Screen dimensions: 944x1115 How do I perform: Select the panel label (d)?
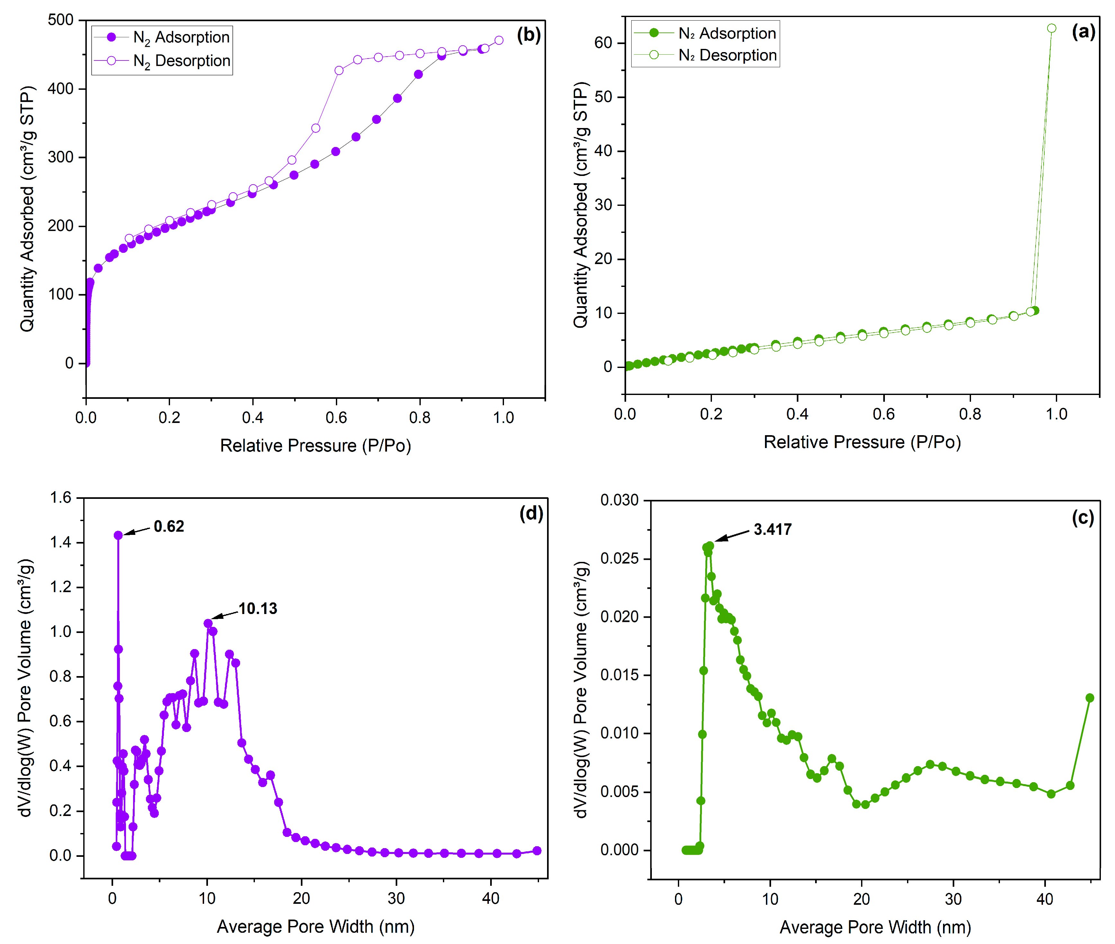coord(531,513)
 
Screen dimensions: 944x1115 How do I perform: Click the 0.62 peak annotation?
coord(168,527)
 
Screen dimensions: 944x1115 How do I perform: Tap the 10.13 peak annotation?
coord(258,609)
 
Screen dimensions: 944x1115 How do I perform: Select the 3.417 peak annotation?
coord(772,529)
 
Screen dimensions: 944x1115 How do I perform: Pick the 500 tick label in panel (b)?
coord(60,20)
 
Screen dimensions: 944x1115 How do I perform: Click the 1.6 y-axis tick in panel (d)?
coord(60,498)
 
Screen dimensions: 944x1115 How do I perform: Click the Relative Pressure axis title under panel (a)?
coord(862,442)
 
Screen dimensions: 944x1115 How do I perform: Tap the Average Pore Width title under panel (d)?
coord(316,926)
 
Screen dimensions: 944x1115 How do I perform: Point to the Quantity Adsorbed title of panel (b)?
coord(27,209)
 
